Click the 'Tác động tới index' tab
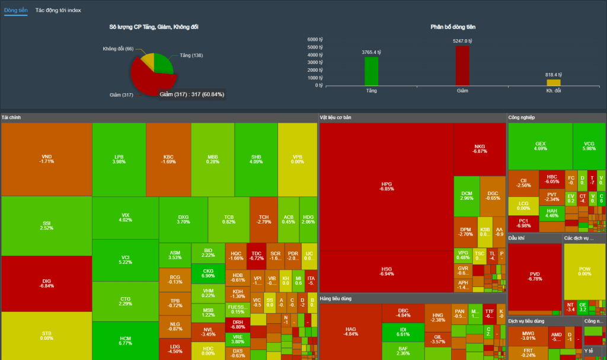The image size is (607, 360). (x=58, y=11)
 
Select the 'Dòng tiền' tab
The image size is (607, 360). (x=15, y=11)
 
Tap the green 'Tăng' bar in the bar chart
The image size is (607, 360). (x=372, y=71)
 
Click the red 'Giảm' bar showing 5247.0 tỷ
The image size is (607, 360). (x=462, y=66)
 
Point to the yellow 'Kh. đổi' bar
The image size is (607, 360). (x=554, y=82)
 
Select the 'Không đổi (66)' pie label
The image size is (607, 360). (x=118, y=49)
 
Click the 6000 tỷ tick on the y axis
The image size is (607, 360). (x=315, y=39)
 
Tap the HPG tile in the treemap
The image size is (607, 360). (x=386, y=186)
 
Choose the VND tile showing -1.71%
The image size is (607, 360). (x=46, y=159)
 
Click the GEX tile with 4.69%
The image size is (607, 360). (x=540, y=146)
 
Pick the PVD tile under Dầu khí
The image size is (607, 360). (x=535, y=276)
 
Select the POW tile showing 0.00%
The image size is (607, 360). (x=584, y=271)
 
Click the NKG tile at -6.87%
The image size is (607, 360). (x=480, y=149)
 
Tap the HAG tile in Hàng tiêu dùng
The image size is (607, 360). (x=350, y=331)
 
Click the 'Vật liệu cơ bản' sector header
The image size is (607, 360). (x=336, y=117)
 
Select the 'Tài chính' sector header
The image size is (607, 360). (x=11, y=117)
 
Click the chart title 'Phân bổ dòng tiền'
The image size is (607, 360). (x=453, y=27)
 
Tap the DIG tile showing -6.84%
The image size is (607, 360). (x=46, y=283)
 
